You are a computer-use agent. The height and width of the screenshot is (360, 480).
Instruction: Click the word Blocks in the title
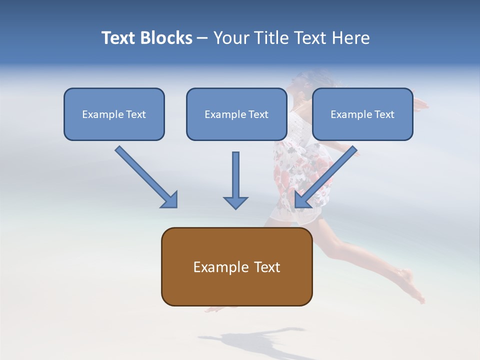pyautogui.click(x=168, y=38)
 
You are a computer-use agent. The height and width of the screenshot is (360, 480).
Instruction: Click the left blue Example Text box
pyautogui.click(x=114, y=114)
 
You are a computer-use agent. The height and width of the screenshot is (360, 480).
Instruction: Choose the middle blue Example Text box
pyautogui.click(x=236, y=114)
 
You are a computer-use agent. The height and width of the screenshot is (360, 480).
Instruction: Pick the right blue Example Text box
pyautogui.click(x=362, y=114)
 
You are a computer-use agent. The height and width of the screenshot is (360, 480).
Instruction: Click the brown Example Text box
pyautogui.click(x=236, y=266)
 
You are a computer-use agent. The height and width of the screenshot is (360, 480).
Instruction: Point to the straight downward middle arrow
pyautogui.click(x=235, y=177)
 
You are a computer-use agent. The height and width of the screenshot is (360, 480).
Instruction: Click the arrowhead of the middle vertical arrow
pyautogui.click(x=235, y=202)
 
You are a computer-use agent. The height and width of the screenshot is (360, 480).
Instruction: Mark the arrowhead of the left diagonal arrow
pyautogui.click(x=170, y=200)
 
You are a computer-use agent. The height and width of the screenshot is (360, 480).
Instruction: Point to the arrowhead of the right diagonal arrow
pyautogui.click(x=302, y=200)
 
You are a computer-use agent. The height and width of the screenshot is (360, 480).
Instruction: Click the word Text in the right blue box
pyautogui.click(x=384, y=114)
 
